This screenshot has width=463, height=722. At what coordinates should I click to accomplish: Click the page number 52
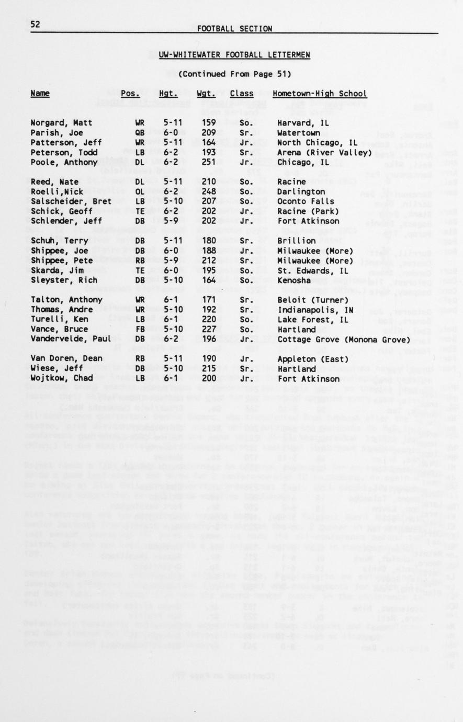(x=36, y=25)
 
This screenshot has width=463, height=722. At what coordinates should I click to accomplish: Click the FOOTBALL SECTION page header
(x=234, y=29)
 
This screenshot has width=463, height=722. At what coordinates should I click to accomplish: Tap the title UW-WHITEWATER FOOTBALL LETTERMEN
(x=234, y=54)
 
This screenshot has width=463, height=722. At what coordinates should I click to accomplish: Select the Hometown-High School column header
(x=319, y=94)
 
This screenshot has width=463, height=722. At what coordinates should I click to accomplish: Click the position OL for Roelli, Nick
(x=140, y=192)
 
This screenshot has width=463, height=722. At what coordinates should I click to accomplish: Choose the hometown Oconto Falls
(x=298, y=201)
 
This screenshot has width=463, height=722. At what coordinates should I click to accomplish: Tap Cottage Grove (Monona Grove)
(x=341, y=340)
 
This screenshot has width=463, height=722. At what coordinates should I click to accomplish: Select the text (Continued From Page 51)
(x=234, y=74)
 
